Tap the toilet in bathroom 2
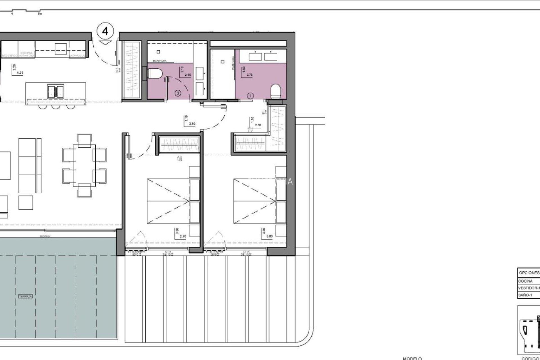click(155, 74)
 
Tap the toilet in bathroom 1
click(276, 92)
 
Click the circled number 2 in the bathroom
click(178, 93)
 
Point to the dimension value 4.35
click(20, 73)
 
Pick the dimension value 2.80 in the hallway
click(192, 124)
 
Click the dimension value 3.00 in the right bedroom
click(269, 237)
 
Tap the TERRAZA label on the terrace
click(25, 296)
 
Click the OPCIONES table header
click(529, 273)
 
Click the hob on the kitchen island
click(56, 91)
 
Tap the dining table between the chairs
click(84, 163)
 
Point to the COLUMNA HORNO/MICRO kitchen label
click(27, 54)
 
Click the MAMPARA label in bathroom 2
click(160, 61)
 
